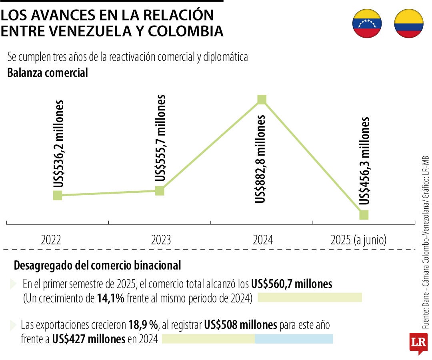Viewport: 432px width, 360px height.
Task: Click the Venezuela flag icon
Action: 367,24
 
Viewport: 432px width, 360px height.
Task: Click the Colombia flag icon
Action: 408,24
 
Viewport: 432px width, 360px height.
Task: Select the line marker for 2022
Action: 58,195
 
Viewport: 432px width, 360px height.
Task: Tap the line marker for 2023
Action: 160,191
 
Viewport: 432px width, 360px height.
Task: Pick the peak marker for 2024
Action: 262,99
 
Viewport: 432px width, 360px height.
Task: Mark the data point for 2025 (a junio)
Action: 364,215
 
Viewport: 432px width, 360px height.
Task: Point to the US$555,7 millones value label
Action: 160,138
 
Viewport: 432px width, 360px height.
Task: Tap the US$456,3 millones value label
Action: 364,161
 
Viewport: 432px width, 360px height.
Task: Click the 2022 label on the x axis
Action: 51,240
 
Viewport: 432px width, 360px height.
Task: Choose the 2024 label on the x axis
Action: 263,240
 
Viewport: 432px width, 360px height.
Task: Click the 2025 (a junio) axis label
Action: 358,240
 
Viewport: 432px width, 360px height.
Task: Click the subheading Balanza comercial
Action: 48,73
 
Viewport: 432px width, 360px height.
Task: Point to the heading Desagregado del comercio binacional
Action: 97,265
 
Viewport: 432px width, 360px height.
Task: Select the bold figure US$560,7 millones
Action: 292,284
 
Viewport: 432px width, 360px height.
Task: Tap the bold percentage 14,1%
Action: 110,298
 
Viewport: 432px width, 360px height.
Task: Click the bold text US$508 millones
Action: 240,325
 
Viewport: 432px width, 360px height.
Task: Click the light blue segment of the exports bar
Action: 294,339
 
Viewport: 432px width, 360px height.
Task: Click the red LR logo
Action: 418,342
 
